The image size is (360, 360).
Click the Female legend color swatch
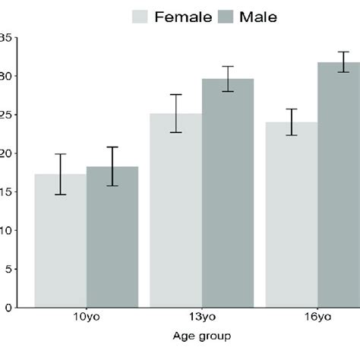click(141, 17)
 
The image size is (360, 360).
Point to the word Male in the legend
click(258, 17)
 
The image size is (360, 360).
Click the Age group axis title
click(201, 336)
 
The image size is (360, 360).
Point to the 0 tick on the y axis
click(7, 307)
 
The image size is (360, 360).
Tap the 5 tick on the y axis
click(7, 269)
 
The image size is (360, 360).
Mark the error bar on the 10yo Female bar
click(61, 174)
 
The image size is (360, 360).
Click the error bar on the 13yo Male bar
click(227, 79)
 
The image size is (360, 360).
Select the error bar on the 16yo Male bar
click(343, 62)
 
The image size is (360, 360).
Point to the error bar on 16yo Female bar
click(291, 122)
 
